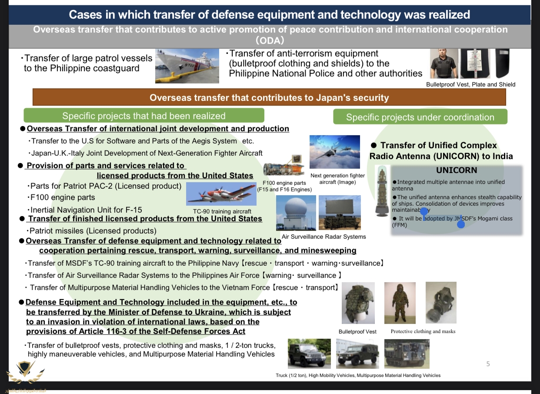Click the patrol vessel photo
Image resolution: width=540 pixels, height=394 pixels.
point(187,66)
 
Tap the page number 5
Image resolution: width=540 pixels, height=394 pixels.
point(488,364)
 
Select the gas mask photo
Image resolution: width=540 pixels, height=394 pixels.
point(441,303)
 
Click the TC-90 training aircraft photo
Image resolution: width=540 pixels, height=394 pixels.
point(221,194)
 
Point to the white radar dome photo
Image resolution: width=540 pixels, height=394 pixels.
point(296,213)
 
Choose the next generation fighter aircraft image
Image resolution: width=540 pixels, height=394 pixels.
point(335,152)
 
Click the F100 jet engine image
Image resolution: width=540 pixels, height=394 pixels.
point(283,166)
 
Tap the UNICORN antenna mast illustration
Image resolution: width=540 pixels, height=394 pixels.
point(382,191)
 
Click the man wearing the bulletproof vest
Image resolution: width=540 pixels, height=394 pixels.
point(444,63)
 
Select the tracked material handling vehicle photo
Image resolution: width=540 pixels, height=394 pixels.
point(407,354)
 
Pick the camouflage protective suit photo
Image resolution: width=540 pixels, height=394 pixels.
point(400,303)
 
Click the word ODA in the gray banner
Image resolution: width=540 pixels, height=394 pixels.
point(270,40)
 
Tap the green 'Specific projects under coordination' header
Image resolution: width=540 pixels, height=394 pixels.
point(420,117)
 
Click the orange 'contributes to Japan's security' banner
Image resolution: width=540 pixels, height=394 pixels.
point(269,97)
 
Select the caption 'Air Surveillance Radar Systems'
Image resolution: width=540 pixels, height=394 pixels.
point(324,237)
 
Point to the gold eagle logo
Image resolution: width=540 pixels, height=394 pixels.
point(25,372)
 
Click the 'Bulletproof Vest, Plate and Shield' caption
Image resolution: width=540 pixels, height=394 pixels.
point(470,85)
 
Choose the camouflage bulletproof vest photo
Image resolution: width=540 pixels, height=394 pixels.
point(358,303)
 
